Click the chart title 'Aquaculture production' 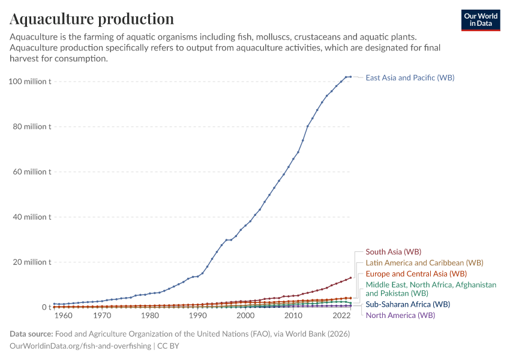(x=92, y=19)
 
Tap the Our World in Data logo (x=481, y=20)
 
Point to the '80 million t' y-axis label (x=35, y=127)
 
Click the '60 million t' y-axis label (x=35, y=172)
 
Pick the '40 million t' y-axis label (x=35, y=217)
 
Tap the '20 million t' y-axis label (x=35, y=262)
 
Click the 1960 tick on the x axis (x=64, y=316)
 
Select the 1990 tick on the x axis (x=197, y=316)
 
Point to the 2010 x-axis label (x=293, y=316)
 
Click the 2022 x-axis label (x=341, y=316)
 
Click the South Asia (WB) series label (x=393, y=251)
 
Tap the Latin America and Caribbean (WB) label (x=424, y=263)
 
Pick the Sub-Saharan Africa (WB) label (x=407, y=304)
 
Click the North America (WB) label (x=400, y=315)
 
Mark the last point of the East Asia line (x=350, y=77)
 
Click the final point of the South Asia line (x=350, y=278)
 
